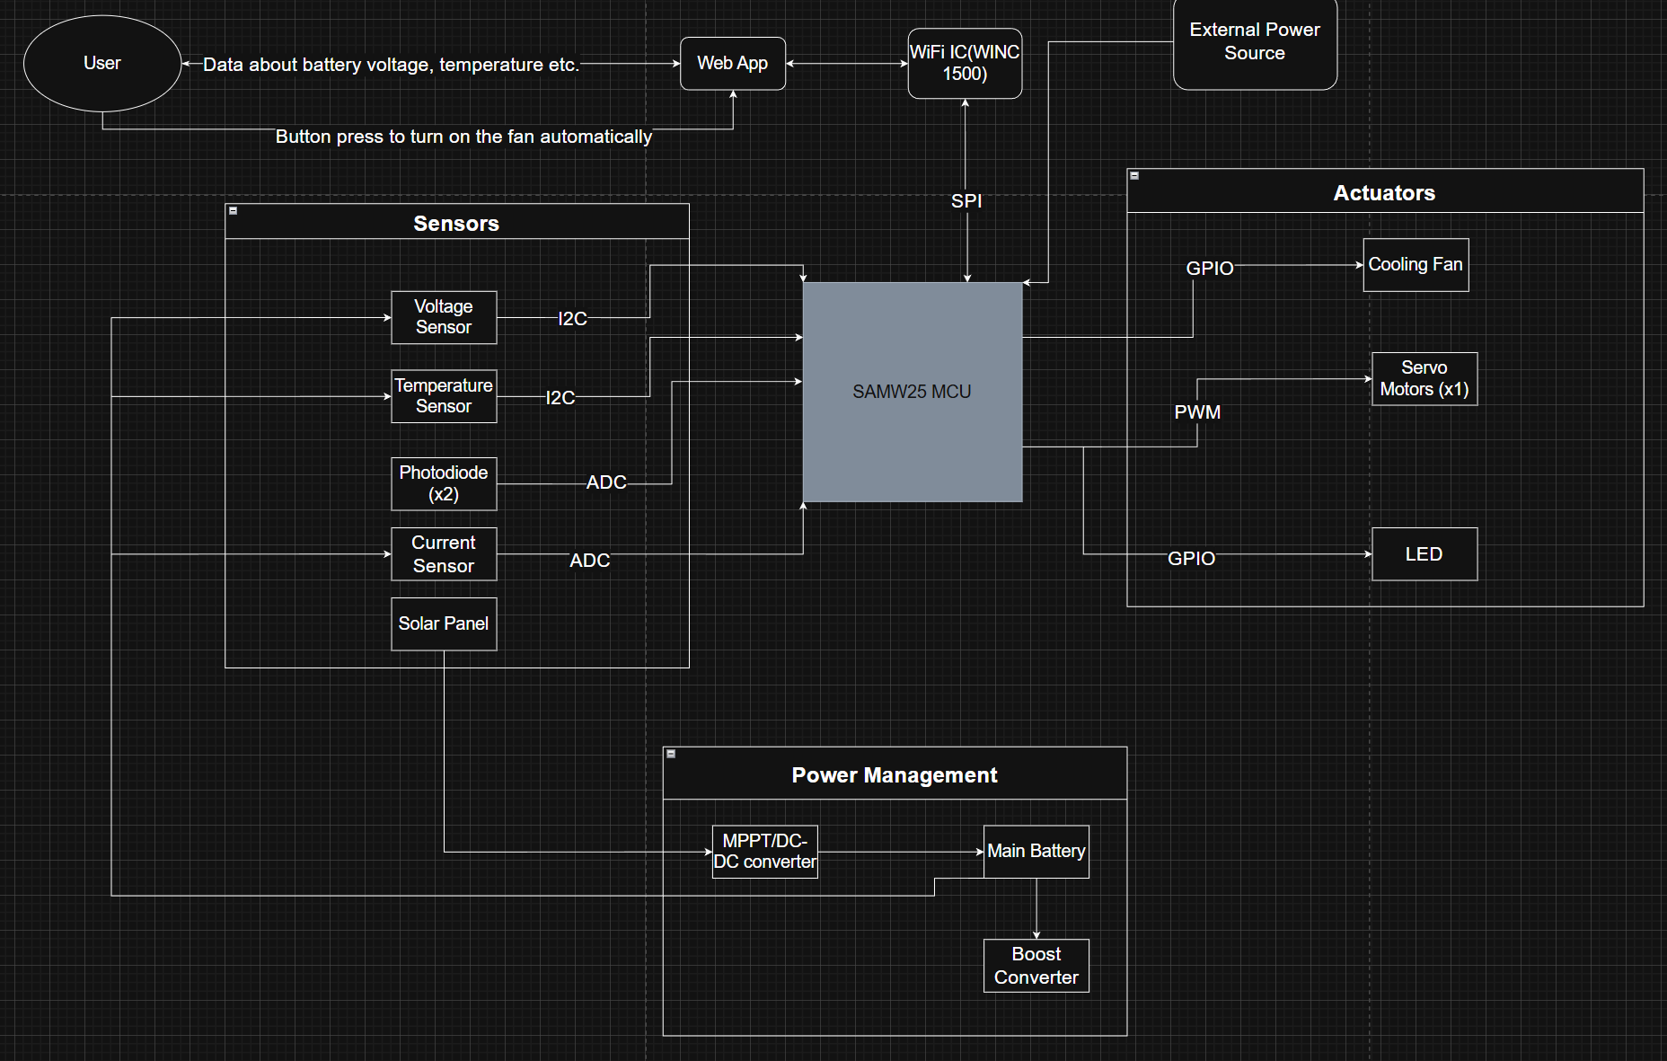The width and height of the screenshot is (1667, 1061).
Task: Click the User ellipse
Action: [102, 63]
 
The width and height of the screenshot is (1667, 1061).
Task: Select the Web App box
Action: [733, 64]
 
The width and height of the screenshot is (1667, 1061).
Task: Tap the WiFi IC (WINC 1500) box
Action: [965, 64]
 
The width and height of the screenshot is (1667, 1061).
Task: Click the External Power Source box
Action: [1255, 42]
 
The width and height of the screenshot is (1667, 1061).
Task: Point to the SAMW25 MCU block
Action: [912, 392]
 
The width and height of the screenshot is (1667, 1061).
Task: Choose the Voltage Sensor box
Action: [444, 317]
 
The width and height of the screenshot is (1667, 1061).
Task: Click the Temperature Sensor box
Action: [444, 396]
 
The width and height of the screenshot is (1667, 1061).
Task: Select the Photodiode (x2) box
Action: [444, 483]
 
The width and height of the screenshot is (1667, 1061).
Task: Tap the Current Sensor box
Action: [444, 554]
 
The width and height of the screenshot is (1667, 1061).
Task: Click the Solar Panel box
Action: [444, 623]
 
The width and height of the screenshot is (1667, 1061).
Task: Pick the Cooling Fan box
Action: [1416, 265]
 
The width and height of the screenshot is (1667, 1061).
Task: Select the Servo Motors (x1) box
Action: [1424, 378]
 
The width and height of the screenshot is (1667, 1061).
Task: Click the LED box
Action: [1424, 554]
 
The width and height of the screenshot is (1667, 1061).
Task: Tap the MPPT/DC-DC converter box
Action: [765, 852]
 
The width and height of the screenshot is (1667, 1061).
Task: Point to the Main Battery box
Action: [1036, 852]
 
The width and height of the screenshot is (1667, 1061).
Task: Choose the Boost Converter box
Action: [1036, 966]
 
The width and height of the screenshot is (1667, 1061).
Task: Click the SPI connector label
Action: [966, 201]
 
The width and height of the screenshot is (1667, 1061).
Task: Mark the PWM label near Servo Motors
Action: [1197, 412]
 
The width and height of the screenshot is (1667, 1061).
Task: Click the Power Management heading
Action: [895, 775]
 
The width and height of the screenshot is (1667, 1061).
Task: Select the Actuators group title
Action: [1384, 193]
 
